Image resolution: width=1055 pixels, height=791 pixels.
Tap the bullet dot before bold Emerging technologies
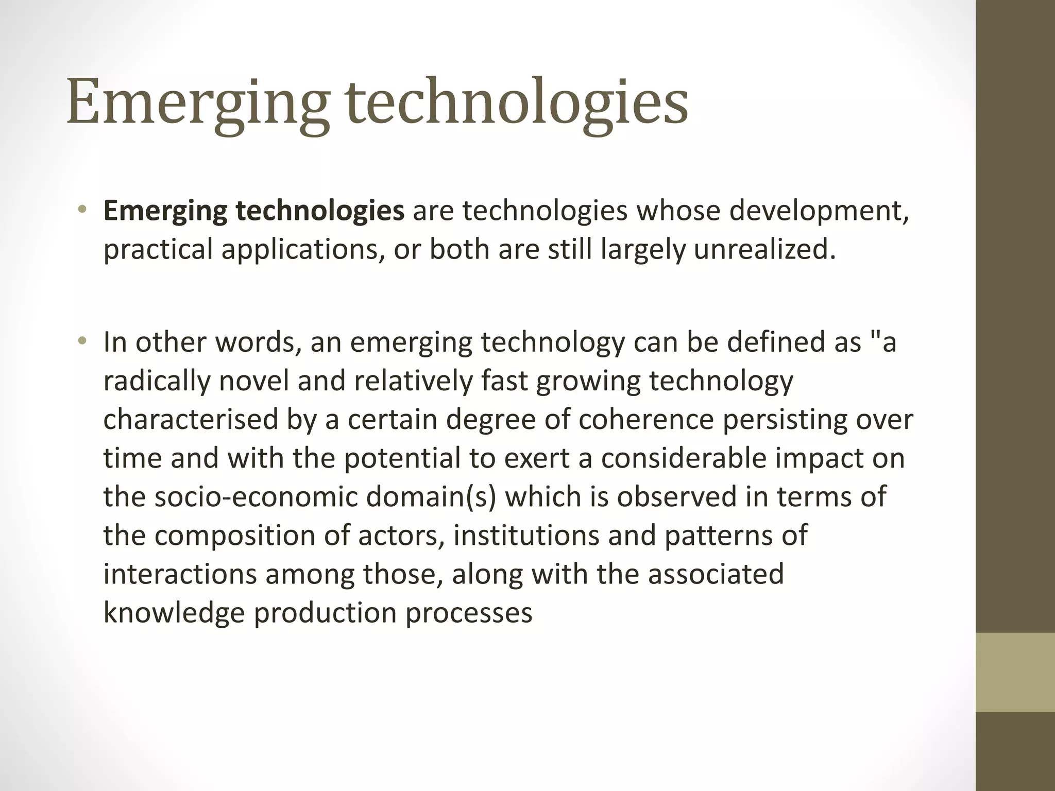coord(82,210)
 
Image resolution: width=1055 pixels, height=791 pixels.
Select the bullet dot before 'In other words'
coord(82,341)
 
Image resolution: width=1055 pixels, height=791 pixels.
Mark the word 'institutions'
coord(526,535)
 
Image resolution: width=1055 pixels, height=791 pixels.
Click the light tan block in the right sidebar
coord(1015,672)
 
